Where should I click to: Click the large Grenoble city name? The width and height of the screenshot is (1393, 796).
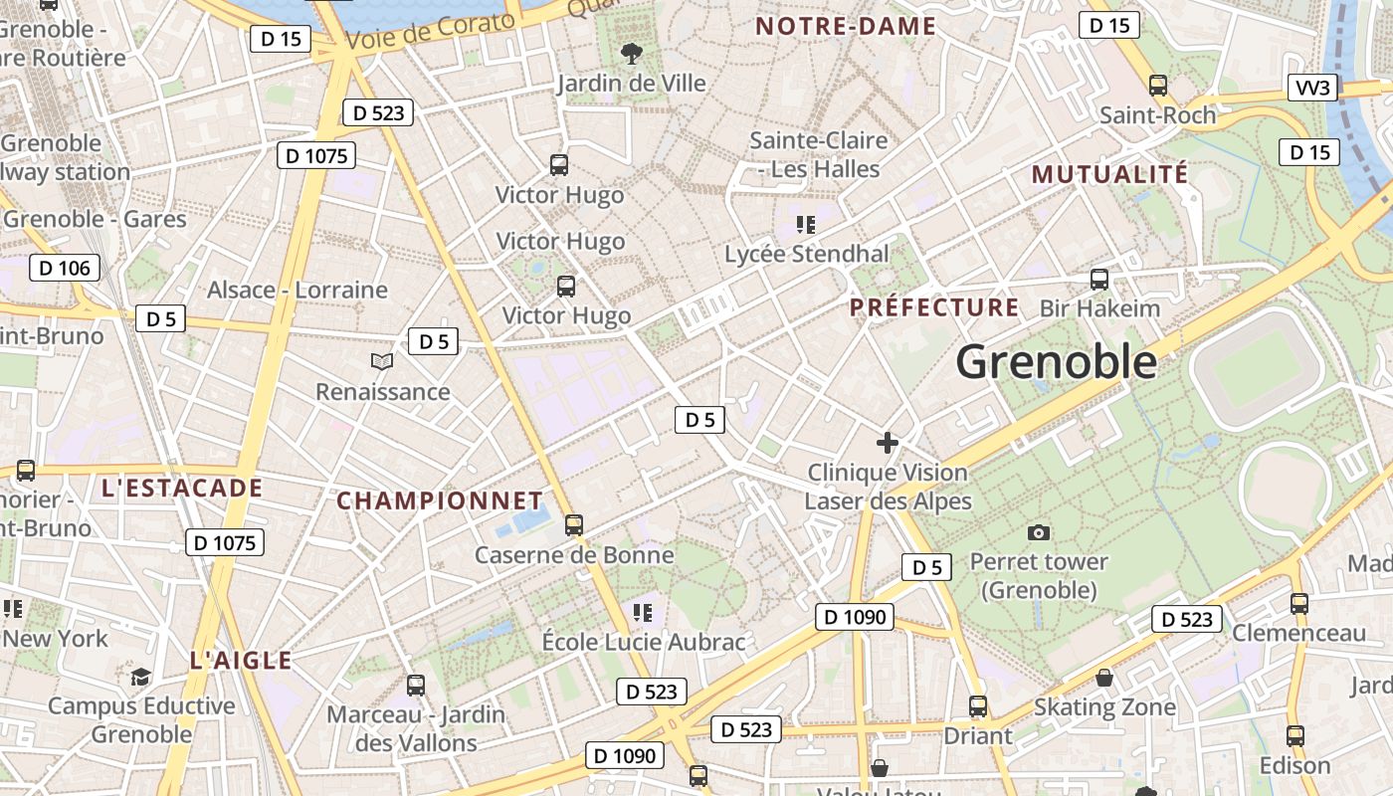click(x=1057, y=362)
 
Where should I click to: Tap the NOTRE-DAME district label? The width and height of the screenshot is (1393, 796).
click(x=846, y=27)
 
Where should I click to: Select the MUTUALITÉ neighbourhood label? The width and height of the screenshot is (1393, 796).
click(x=1109, y=174)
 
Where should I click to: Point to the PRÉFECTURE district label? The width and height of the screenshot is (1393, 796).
click(x=934, y=307)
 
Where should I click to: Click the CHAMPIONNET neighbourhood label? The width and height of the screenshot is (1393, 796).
click(x=440, y=500)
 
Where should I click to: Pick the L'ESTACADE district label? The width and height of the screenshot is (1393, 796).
click(x=182, y=489)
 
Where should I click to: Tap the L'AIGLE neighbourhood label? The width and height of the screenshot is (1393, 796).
click(x=241, y=661)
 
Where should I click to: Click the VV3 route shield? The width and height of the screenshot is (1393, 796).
click(x=1312, y=88)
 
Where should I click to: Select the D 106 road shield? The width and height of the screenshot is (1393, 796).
click(x=65, y=268)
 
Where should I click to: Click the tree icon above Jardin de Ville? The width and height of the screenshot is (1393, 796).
click(x=631, y=53)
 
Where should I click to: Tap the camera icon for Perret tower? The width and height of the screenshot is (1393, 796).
click(x=1039, y=533)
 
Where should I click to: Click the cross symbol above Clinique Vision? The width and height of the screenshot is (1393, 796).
click(x=888, y=443)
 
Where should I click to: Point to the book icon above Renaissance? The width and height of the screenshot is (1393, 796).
click(x=382, y=361)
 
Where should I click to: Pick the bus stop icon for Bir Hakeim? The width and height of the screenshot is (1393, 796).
click(x=1099, y=279)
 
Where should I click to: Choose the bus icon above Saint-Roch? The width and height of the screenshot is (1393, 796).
click(x=1157, y=86)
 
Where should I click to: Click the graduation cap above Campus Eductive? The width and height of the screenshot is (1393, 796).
click(x=141, y=677)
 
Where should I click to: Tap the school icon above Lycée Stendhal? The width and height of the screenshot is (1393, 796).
click(x=806, y=225)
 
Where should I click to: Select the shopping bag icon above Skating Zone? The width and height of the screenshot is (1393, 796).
click(x=1104, y=679)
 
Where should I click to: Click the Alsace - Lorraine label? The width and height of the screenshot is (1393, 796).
click(x=297, y=291)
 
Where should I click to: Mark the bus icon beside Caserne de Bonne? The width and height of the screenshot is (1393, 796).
click(x=573, y=524)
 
